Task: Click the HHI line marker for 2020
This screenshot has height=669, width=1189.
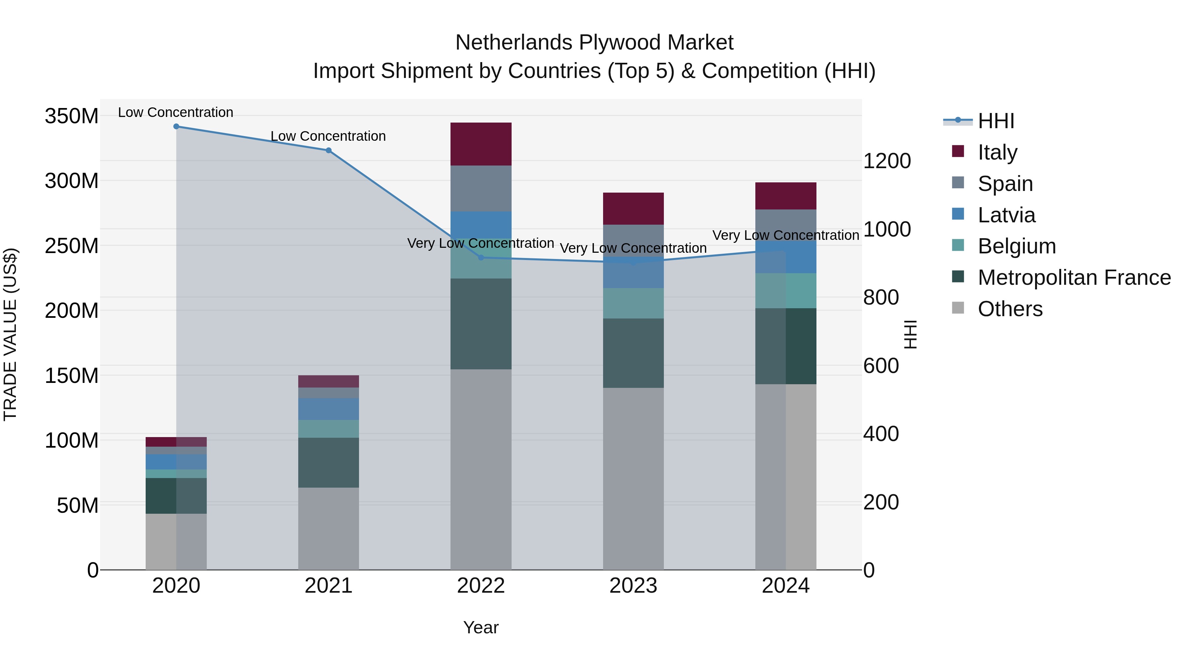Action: coord(176,127)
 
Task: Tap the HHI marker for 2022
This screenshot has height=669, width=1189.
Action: coord(481,258)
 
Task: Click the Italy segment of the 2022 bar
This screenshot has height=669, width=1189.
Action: coord(481,144)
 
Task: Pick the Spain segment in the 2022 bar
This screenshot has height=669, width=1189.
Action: coord(481,188)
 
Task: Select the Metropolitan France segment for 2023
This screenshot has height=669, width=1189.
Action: coord(633,353)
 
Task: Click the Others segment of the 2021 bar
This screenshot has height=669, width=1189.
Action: coord(329,529)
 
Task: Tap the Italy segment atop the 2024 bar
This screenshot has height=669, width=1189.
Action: coord(786,196)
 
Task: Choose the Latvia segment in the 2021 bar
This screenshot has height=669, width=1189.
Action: coord(329,409)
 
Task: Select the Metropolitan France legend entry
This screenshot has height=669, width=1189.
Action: coord(1074,278)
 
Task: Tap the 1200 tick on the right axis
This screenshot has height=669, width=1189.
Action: coord(887,161)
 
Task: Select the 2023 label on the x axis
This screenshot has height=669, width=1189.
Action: coord(633,586)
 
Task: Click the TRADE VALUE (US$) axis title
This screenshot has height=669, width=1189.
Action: coord(10,334)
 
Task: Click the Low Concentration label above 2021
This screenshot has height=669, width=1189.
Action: coord(328,136)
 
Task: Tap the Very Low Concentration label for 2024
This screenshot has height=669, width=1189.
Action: coord(786,236)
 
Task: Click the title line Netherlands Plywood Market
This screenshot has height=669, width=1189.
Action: coord(594,43)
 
